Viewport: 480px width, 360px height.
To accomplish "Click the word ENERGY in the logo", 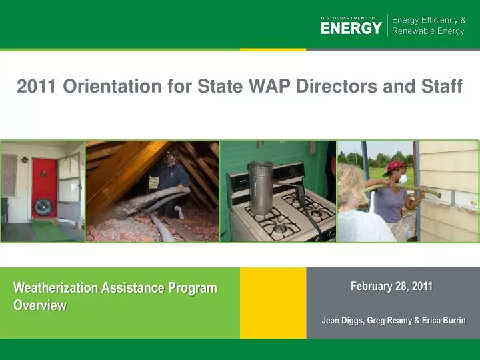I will click(351, 27).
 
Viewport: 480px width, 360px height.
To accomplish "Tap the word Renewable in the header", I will click(412, 32).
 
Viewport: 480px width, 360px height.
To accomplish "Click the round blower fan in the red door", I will click(43, 207).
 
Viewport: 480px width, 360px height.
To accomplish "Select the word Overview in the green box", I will click(40, 305).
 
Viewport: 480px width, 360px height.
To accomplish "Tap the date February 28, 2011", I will click(391, 286).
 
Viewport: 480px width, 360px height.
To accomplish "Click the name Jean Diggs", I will click(341, 321).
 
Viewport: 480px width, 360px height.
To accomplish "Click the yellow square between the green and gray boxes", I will click(273, 303).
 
